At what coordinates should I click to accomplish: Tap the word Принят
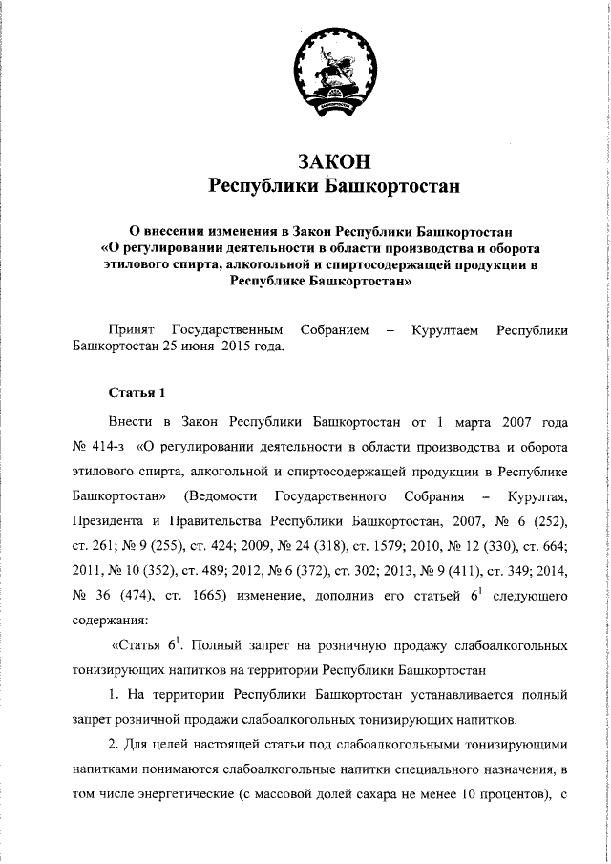(132, 329)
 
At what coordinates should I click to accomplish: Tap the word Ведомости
(224, 495)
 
